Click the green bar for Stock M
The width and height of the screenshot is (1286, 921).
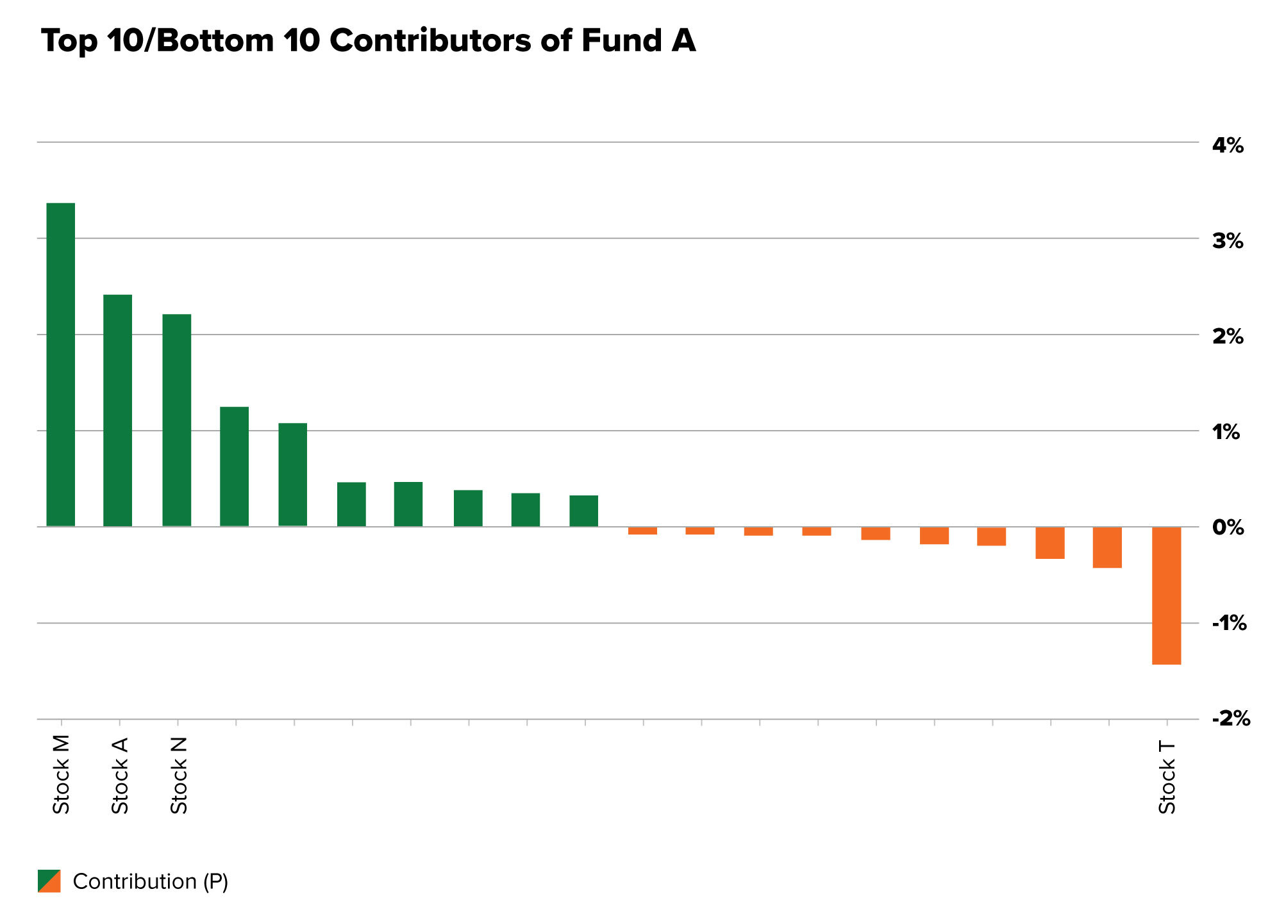[x=61, y=365]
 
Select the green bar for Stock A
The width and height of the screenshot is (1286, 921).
[x=118, y=410]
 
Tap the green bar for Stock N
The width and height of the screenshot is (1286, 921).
[x=177, y=420]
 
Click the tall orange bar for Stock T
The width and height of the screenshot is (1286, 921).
[x=1166, y=595]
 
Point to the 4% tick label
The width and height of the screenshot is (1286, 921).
[x=1227, y=145]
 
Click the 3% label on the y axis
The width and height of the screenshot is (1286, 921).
[x=1227, y=241]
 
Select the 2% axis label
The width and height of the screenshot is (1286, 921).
[x=1227, y=336]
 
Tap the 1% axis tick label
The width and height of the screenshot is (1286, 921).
[x=1226, y=432]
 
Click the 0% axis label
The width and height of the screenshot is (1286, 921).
[x=1227, y=527]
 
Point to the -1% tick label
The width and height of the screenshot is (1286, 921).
[x=1228, y=623]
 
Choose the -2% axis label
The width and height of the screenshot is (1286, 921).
[x=1230, y=718]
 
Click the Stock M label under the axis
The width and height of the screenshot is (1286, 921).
[x=61, y=775]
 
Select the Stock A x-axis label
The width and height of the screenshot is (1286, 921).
[x=120, y=776]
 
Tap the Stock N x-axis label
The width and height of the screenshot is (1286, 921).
[x=179, y=776]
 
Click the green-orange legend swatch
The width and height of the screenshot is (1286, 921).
[x=49, y=881]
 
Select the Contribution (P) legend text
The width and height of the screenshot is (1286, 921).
[x=151, y=882]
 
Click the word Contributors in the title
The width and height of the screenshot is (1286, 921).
[x=430, y=41]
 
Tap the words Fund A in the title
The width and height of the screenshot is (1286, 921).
[x=639, y=41]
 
